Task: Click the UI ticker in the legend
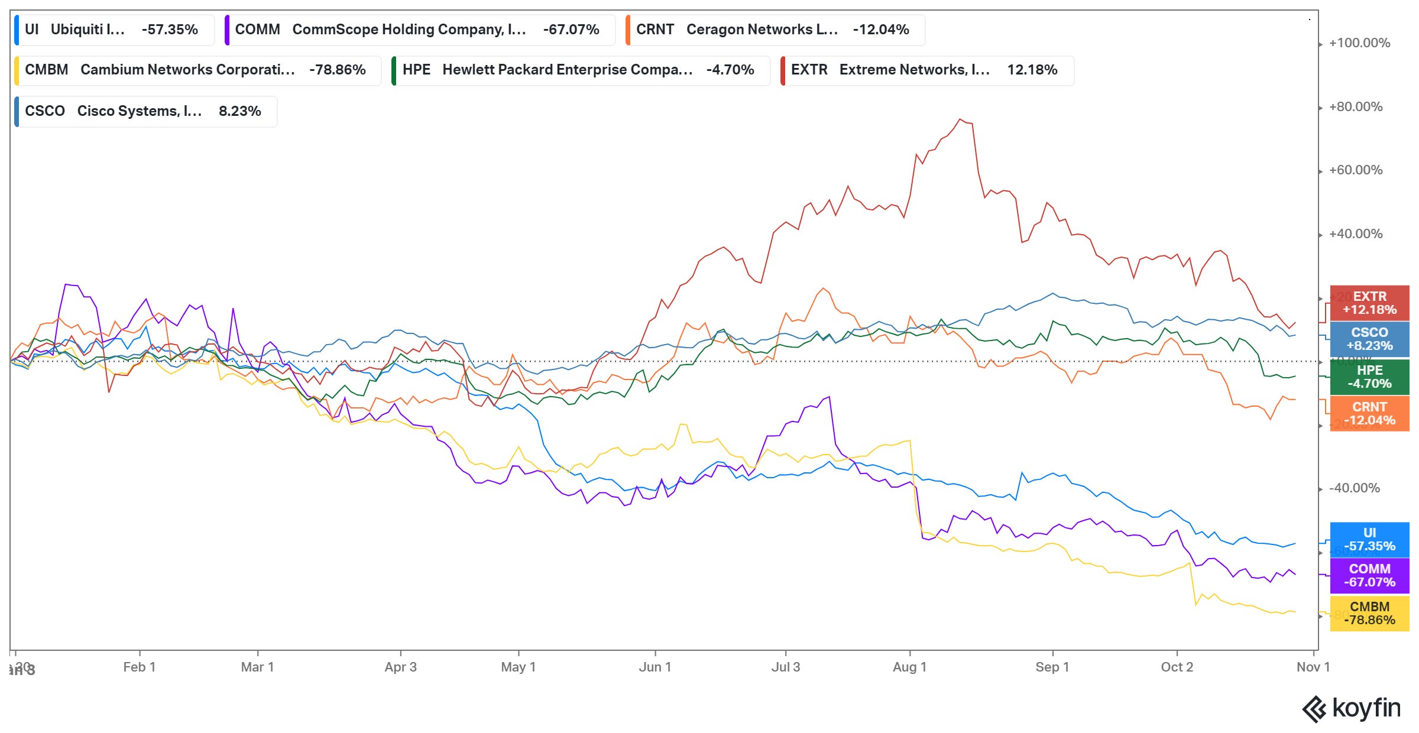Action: coord(32,30)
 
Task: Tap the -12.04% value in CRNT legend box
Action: coord(880,30)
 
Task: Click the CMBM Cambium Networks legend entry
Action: coord(195,70)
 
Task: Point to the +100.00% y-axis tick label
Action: coord(1359,43)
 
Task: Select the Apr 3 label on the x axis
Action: coord(400,667)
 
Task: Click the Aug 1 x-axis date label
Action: coord(909,667)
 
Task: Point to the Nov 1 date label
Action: coord(1313,667)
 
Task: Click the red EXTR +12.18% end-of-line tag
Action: coord(1369,303)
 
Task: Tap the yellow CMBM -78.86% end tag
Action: coord(1369,613)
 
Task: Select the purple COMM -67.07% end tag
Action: coord(1369,575)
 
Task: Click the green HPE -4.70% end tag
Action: coord(1369,377)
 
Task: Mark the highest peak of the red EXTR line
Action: coord(960,119)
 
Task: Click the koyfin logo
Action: coord(1351,708)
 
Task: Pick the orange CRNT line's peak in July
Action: coord(823,288)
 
